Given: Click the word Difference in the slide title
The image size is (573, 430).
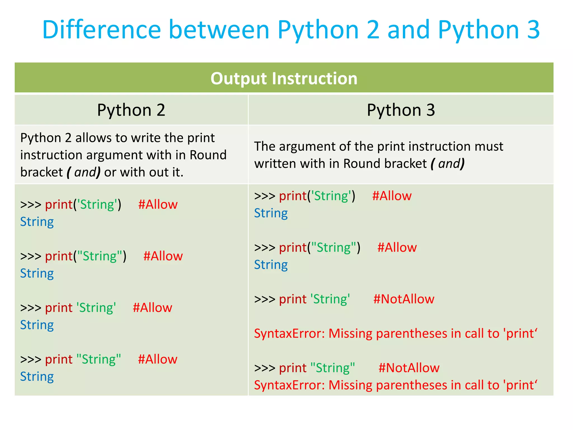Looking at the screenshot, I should pos(101,30).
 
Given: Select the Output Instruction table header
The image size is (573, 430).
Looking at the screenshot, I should pos(284,78).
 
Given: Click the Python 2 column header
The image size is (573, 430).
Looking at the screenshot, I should pos(131,110).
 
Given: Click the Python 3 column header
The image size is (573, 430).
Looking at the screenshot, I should pos(401,110).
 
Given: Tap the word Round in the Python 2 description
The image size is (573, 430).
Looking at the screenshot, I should pos(208,155).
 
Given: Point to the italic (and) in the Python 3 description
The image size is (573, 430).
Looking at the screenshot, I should pos(448,164).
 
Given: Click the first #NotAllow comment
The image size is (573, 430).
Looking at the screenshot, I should pos(403,299).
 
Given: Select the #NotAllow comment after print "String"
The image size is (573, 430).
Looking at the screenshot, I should pos(409,368).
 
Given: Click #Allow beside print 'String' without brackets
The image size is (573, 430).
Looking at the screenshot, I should pos(152,308).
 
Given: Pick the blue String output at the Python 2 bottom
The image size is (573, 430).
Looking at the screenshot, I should pos(37,377).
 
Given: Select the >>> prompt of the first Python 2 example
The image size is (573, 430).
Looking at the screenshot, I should pos(31,205).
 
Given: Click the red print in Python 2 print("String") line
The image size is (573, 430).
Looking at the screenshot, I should pos(59,256).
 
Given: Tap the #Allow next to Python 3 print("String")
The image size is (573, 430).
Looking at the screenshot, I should pos(397,248).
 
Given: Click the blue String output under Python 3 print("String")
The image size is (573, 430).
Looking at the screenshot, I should pos(271,265).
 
